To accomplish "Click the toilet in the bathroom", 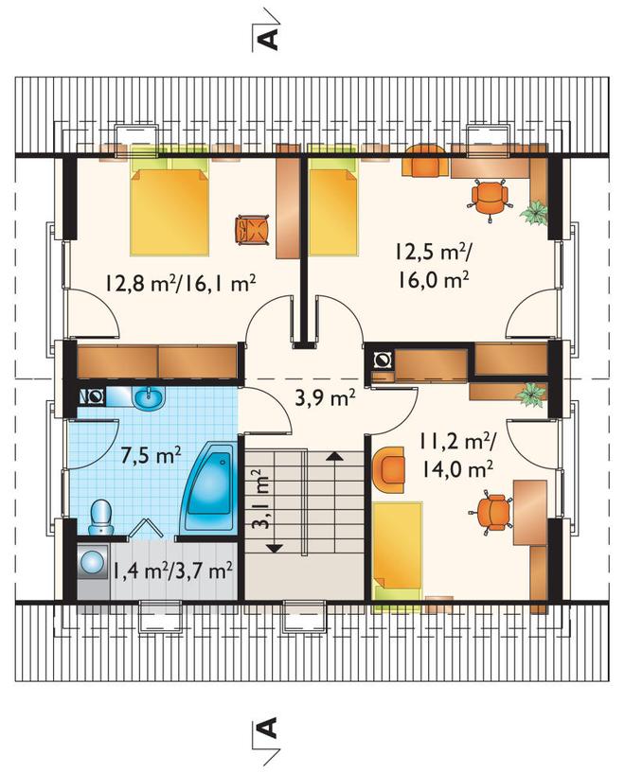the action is pyautogui.click(x=101, y=518).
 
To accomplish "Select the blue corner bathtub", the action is pyautogui.click(x=208, y=488).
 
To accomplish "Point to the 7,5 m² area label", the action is pyautogui.click(x=151, y=455).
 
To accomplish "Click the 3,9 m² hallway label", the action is pyautogui.click(x=325, y=397).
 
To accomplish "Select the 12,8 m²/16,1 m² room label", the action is pyautogui.click(x=180, y=284).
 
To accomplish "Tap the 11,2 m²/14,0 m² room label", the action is pyautogui.click(x=455, y=454).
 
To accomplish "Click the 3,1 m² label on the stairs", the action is pyautogui.click(x=262, y=499).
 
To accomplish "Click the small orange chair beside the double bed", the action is pyautogui.click(x=253, y=230).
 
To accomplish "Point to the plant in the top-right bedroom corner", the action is pyautogui.click(x=534, y=213).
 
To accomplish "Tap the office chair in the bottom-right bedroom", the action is pyautogui.click(x=491, y=512).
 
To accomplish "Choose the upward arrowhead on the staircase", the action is pyautogui.click(x=334, y=455).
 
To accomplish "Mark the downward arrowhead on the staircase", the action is pyautogui.click(x=274, y=547).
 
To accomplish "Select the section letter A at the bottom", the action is pyautogui.click(x=268, y=729).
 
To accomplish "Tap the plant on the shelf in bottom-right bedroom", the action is pyautogui.click(x=531, y=394).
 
